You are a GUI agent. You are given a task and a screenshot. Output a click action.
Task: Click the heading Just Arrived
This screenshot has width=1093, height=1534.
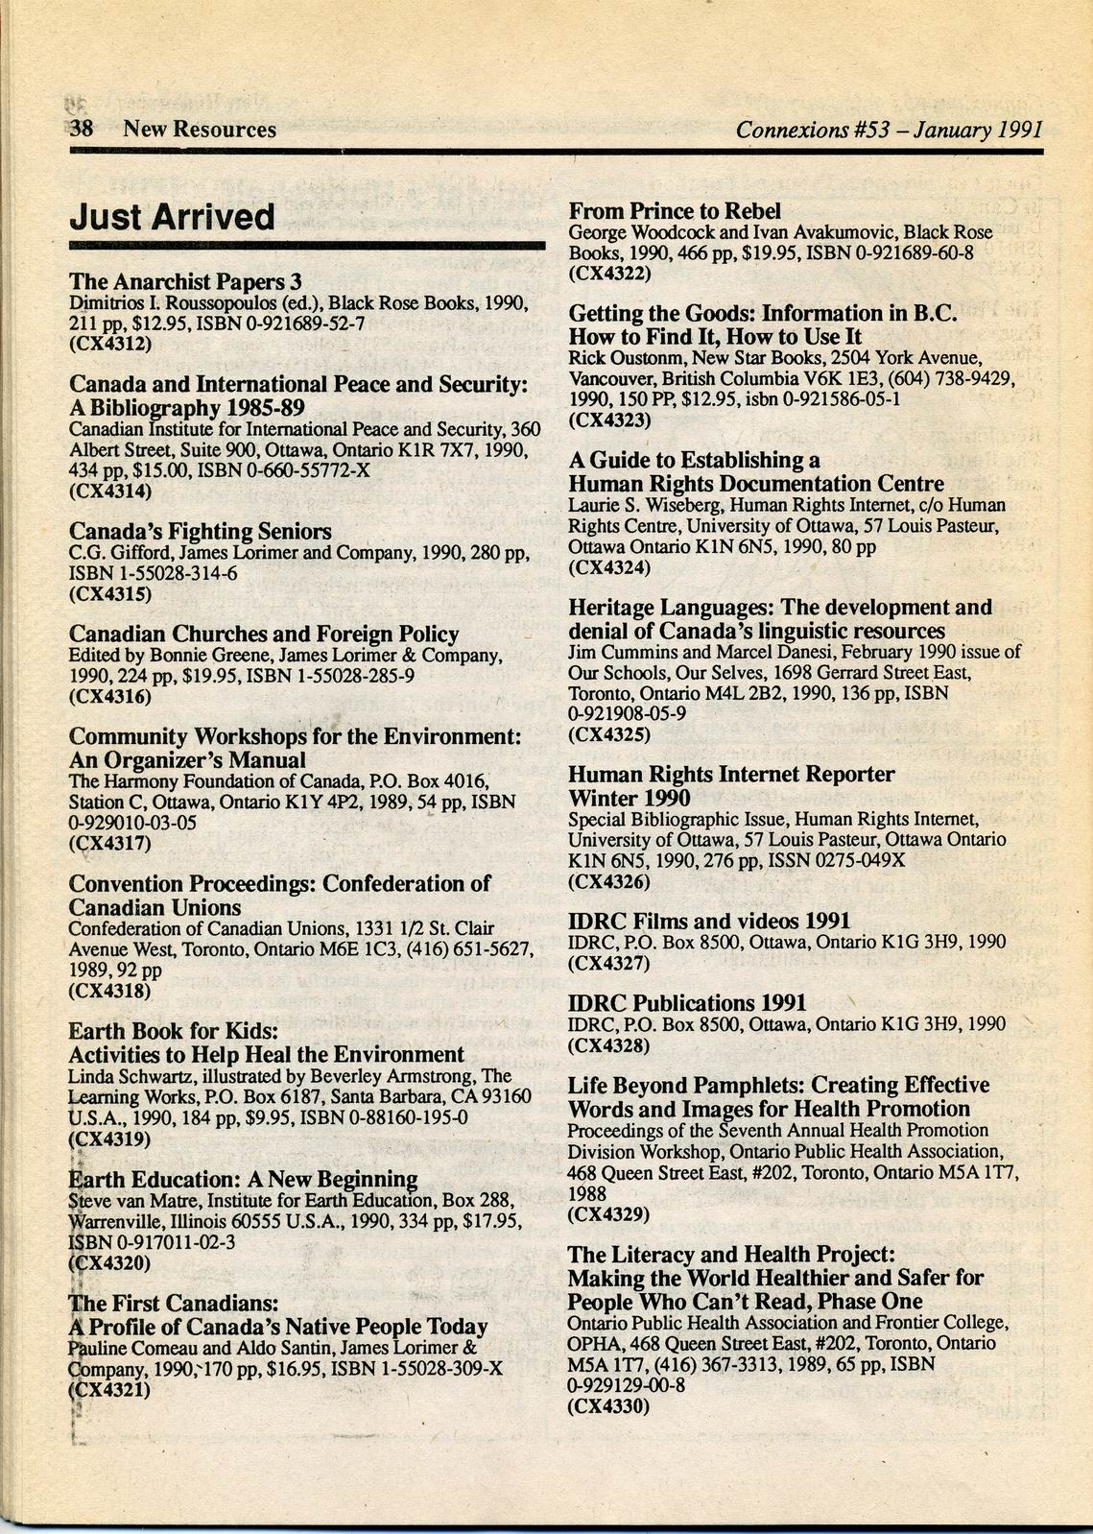(x=172, y=217)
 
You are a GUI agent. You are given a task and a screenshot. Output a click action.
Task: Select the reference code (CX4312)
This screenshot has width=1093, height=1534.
(x=110, y=343)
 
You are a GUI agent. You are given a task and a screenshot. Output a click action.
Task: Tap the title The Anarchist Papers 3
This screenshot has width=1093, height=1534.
(x=185, y=281)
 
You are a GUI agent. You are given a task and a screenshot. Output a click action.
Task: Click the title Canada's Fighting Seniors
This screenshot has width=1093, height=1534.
(x=201, y=532)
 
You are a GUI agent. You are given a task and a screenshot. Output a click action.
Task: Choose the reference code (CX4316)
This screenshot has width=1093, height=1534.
(x=110, y=696)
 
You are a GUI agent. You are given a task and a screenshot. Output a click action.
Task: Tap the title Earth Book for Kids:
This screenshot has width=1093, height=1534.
(x=174, y=1031)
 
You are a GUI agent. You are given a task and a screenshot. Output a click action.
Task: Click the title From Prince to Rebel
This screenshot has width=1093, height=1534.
(x=675, y=211)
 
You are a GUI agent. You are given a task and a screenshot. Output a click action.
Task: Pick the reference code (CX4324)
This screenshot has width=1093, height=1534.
(x=609, y=566)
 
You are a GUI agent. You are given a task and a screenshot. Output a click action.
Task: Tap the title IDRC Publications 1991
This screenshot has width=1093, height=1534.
(x=687, y=1003)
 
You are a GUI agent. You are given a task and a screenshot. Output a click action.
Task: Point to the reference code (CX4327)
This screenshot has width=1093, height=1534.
(x=609, y=962)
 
